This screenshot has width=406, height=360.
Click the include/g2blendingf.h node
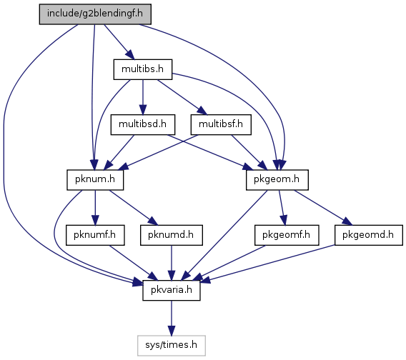tap(95, 14)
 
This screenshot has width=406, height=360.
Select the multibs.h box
tap(143, 69)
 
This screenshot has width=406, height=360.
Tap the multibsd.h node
tap(143, 125)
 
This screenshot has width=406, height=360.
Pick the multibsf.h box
tap(221, 125)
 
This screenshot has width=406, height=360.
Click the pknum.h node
tap(95, 180)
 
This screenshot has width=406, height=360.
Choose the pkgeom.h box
tap(277, 180)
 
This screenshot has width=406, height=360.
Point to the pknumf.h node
tap(95, 235)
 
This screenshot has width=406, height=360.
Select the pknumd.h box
tap(172, 235)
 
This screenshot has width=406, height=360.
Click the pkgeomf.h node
tap(287, 235)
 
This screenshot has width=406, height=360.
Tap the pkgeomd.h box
tap(369, 235)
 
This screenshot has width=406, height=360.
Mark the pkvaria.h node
tap(172, 291)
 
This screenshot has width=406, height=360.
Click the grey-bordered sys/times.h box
tap(172, 346)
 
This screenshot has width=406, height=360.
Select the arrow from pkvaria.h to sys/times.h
tap(172, 318)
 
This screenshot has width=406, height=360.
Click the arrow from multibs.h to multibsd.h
tap(143, 97)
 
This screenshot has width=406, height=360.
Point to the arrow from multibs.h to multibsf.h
tap(182, 97)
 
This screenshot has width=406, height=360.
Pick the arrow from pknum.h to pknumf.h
tap(95, 208)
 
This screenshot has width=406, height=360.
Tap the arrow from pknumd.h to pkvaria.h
tap(172, 263)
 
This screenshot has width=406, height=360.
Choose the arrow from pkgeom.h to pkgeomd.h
tap(323, 208)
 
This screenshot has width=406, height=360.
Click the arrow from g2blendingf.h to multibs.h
tap(119, 42)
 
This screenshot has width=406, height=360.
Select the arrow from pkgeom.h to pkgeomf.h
tap(282, 208)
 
